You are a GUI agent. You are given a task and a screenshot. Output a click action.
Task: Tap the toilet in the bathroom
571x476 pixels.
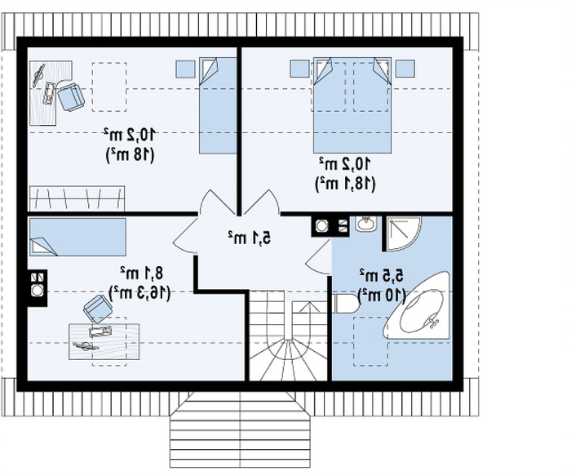pos(344,304)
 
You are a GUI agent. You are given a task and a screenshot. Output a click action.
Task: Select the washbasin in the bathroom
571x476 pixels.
pos(366,224)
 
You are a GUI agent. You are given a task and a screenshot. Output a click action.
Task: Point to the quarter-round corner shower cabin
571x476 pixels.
pos(402,234)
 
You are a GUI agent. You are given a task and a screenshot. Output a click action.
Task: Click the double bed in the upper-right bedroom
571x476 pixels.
pos(352,105)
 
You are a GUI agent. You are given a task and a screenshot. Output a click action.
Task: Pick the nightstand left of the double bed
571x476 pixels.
pos(299,69)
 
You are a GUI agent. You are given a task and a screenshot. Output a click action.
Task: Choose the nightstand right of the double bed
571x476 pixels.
pos(405,69)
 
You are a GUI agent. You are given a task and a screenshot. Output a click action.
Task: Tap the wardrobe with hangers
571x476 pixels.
pos(77,198)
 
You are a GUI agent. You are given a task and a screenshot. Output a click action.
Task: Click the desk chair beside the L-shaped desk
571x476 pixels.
pos(71,96)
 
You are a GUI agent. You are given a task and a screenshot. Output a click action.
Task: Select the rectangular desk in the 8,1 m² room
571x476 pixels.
pos(104,341)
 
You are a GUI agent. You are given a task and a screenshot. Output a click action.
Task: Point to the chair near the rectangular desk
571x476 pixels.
pos(98,309)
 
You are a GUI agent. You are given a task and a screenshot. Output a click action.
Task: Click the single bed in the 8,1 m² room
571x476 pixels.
pos(77,237)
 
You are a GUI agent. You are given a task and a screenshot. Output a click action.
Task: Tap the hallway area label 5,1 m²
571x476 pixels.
pos(250,238)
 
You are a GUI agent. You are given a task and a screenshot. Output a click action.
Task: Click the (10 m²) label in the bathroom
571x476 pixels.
pos(382,296)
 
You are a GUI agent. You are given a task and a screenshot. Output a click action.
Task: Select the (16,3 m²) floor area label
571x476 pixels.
pos(139,292)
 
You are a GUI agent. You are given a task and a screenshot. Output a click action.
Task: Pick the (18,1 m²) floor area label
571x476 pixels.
pos(345,184)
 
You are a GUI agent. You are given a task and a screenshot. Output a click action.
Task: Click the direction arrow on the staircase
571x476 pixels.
pos(309,307)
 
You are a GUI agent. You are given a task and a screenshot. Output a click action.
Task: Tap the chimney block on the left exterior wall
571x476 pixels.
pos(38,288)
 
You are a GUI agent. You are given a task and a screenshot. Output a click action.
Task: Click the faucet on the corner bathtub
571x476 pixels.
pos(433,321)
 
